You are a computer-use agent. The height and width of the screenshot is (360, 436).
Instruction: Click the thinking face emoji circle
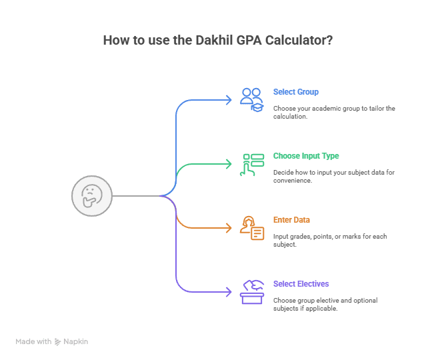click(x=91, y=195)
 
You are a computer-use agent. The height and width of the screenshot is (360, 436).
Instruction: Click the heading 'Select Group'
click(x=295, y=91)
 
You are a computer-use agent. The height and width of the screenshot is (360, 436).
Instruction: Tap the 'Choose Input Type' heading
click(x=306, y=156)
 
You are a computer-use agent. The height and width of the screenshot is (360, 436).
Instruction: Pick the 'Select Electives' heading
click(x=301, y=284)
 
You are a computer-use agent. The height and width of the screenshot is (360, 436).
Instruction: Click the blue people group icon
click(x=252, y=99)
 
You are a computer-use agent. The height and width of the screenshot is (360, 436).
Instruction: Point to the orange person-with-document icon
click(x=252, y=227)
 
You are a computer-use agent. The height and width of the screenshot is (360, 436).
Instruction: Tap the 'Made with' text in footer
click(x=33, y=341)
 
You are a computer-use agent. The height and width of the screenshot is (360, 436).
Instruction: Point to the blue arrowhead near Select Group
click(x=229, y=100)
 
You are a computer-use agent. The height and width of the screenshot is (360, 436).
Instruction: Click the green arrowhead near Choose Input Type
click(x=229, y=164)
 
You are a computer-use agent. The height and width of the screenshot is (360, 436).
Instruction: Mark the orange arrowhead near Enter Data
click(x=229, y=228)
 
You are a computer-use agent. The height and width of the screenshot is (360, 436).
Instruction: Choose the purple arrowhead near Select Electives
click(x=229, y=292)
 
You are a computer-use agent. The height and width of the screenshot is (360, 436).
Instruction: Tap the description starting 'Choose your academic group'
click(x=333, y=112)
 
